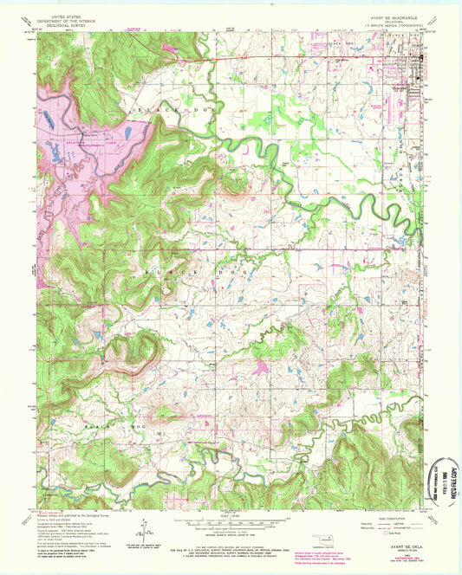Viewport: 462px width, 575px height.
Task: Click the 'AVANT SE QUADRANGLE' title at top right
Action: [393, 15]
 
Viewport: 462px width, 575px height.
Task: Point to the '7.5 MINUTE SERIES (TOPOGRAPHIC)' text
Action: [393, 25]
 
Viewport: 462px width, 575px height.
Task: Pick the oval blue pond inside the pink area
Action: [127, 133]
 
